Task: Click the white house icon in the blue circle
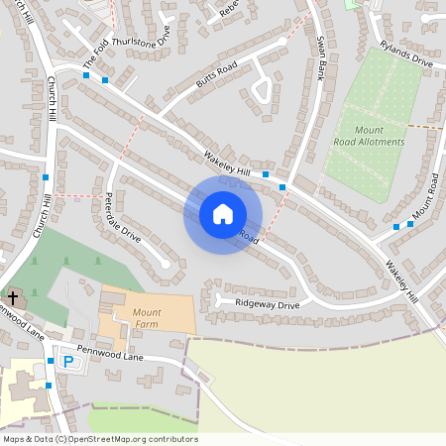pos(223,213)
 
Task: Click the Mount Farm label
pos(147,317)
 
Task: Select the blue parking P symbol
pos(68,362)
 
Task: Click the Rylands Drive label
pos(406,60)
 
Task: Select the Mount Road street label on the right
pos(426,197)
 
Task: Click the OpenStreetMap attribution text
pos(100,439)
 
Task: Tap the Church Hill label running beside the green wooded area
pos(43,214)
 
